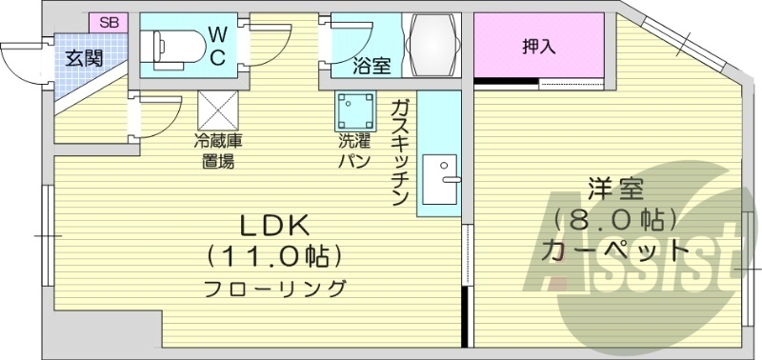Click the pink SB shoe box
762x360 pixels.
coord(110,21)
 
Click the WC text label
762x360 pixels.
coord(217,44)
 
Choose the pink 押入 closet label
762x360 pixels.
coord(539,47)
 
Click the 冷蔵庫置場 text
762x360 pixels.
coord(219,150)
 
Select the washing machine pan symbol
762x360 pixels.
coord(355,111)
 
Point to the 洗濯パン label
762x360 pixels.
coord(353,150)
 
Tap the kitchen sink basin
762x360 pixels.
coord(440,178)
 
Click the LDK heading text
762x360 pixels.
coord(273,226)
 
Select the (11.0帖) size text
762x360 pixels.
coord(274,256)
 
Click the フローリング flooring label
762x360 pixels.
coord(274,287)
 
